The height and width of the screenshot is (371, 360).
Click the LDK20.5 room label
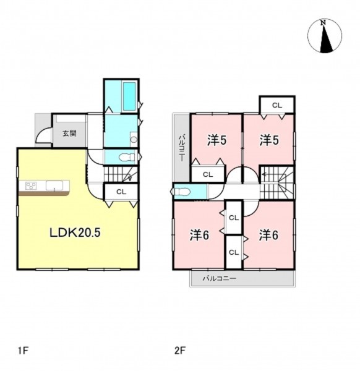point(75,232)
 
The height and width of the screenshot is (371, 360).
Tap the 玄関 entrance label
point(69,133)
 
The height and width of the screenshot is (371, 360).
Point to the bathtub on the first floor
point(129,96)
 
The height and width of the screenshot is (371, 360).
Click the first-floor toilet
point(126,157)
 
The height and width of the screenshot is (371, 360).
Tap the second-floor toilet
point(181,192)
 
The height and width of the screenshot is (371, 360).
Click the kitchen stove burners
point(31,185)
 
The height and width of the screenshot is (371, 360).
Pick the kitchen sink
point(54,185)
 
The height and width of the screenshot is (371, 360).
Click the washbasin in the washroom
point(134,140)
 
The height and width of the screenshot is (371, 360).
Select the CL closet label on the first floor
point(121,192)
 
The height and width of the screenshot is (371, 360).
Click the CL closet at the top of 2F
point(277,105)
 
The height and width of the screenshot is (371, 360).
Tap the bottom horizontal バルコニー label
point(219,278)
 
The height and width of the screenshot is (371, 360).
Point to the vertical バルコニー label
point(182,148)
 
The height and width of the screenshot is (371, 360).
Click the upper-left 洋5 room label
point(216,140)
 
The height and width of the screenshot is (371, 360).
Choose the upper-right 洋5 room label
point(269,140)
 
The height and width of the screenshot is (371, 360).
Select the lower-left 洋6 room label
point(199,236)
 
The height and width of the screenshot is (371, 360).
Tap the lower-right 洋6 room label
point(268,236)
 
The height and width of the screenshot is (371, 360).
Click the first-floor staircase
point(121,174)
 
